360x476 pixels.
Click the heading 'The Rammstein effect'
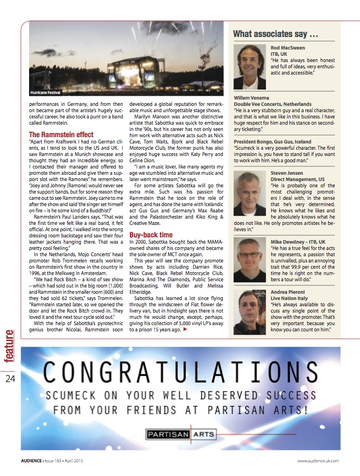(x=61, y=134)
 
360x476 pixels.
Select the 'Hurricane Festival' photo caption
(x=47, y=91)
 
